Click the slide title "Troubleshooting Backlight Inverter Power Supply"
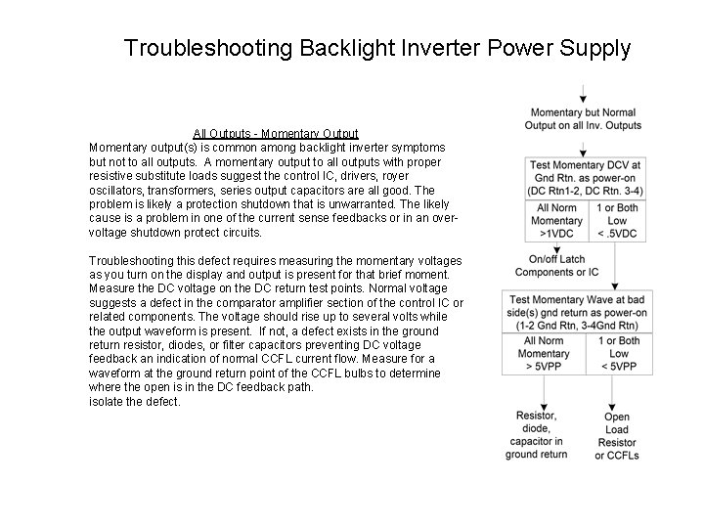(x=377, y=48)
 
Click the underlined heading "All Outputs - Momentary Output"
(x=275, y=133)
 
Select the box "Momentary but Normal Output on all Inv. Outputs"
(x=583, y=118)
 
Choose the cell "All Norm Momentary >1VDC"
(x=556, y=221)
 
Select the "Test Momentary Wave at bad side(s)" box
(x=584, y=313)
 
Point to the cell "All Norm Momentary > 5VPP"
(x=544, y=354)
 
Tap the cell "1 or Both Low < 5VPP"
(x=619, y=354)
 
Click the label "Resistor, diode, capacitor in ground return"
(x=536, y=435)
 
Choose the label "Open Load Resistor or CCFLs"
(x=617, y=436)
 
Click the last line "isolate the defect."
(x=135, y=402)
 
